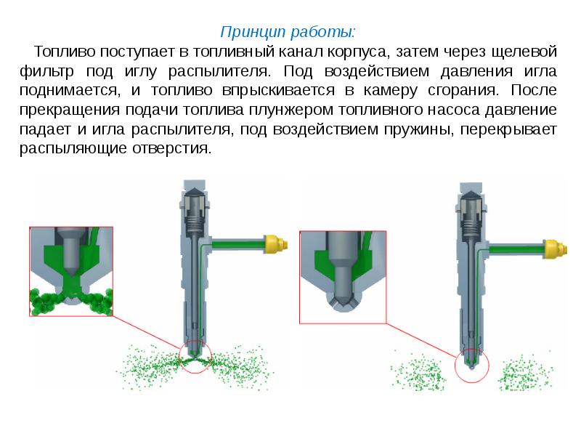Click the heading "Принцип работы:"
(x=289, y=33)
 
